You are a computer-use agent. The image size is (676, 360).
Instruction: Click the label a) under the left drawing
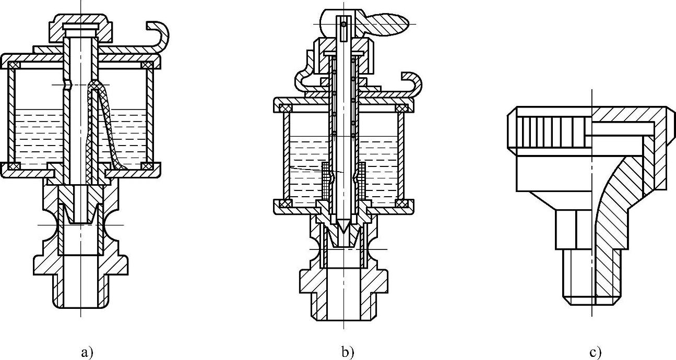[x=87, y=353]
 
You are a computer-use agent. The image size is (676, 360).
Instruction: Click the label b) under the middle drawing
[x=348, y=353]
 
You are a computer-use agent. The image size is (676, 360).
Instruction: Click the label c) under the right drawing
[x=595, y=353]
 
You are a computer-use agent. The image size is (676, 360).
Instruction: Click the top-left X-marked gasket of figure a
[x=14, y=65]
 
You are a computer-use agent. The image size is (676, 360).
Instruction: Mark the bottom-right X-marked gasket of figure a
[x=147, y=166]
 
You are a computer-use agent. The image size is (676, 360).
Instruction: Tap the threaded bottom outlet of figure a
[x=81, y=292]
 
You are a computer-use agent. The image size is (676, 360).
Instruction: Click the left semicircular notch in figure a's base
[x=49, y=225]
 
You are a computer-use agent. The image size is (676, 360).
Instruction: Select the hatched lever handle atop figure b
[x=389, y=22]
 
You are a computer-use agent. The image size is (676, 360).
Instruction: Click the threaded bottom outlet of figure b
[x=343, y=308]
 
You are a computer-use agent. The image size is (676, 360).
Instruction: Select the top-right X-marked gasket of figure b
[x=401, y=107]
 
